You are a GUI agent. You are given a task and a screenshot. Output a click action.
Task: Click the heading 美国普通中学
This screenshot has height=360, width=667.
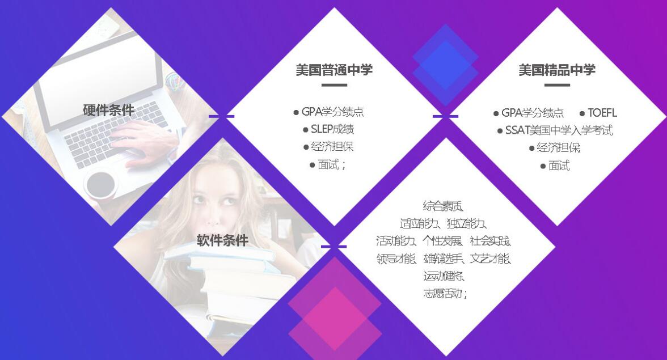[334, 70]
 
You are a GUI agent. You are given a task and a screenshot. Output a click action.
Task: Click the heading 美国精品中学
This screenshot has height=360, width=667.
[557, 70]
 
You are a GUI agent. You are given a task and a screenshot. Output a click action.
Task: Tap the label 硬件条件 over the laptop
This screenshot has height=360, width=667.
[109, 111]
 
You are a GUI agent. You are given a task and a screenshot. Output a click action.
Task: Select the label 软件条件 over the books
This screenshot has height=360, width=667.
[222, 240]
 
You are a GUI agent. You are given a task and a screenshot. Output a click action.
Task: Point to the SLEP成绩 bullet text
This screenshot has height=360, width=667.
[332, 129]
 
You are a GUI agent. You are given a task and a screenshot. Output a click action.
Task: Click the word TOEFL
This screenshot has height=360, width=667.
[602, 113]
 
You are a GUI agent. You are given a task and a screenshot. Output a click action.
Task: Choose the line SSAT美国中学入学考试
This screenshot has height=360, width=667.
[559, 130]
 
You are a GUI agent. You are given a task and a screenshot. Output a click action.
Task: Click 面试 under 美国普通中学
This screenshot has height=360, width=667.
[328, 164]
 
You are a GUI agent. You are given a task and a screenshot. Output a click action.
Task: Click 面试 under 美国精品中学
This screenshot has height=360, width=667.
[559, 166]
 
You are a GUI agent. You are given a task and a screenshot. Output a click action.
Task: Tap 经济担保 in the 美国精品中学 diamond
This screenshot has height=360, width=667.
[559, 147]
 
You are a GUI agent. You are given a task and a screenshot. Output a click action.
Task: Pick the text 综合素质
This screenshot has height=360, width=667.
[443, 206]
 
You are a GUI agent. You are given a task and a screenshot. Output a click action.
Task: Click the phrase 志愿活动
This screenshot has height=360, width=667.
[443, 293]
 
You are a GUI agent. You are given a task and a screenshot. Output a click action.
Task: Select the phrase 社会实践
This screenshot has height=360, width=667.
[490, 241]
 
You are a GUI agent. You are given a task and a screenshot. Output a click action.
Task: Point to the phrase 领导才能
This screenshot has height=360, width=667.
[396, 259]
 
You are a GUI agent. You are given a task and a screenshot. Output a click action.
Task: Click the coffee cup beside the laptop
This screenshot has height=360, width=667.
[101, 185]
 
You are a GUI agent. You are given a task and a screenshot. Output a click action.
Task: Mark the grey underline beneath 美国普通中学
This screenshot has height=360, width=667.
[334, 85]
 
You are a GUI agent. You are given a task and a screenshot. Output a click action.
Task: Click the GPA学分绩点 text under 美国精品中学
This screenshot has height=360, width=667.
[533, 113]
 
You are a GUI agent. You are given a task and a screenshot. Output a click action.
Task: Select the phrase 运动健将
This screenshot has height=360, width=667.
[444, 276]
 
